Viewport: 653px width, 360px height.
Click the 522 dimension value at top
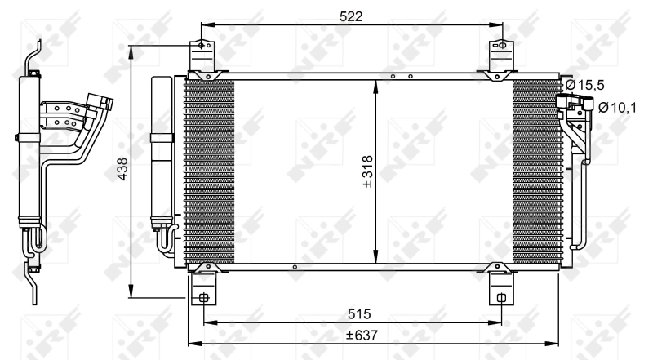tap(353, 16)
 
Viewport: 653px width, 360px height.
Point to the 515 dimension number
tap(353, 313)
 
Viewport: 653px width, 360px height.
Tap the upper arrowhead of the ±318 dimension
tap(374, 82)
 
